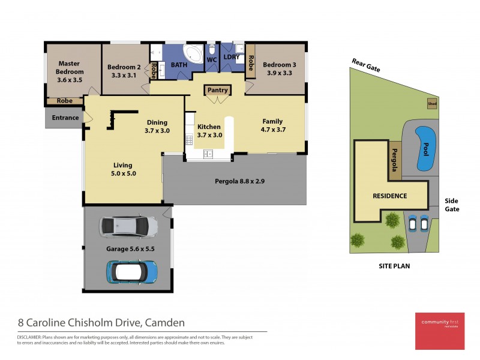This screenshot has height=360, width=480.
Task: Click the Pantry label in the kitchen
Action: tap(218, 91)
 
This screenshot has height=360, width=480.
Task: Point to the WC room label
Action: tap(212, 61)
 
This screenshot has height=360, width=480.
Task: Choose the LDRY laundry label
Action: tap(231, 58)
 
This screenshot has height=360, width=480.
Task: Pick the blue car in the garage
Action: tap(132, 271)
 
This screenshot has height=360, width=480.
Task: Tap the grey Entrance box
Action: tap(65, 118)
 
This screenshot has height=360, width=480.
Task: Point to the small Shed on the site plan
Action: tap(431, 103)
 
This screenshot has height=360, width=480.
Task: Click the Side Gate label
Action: tap(452, 205)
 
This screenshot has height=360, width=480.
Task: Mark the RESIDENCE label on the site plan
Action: tap(389, 196)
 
